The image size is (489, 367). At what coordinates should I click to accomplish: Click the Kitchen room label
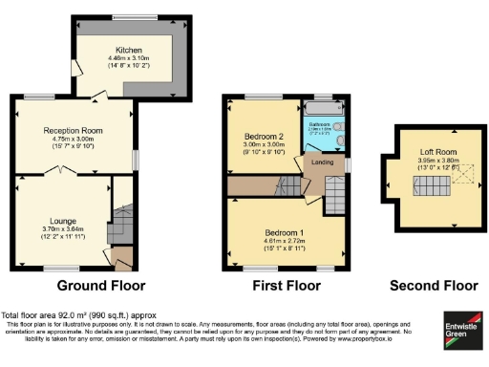pyautogui.click(x=129, y=50)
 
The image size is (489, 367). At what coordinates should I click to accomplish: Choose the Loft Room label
pyautogui.click(x=438, y=152)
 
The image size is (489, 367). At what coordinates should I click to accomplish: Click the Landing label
pyautogui.click(x=323, y=162)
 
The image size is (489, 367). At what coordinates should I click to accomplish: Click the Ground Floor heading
pyautogui.click(x=101, y=286)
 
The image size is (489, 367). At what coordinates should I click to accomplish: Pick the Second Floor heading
pyautogui.click(x=435, y=286)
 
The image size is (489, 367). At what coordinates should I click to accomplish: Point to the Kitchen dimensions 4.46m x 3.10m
pyautogui.click(x=129, y=59)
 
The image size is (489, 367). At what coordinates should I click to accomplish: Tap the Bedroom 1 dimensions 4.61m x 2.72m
pyautogui.click(x=286, y=241)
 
